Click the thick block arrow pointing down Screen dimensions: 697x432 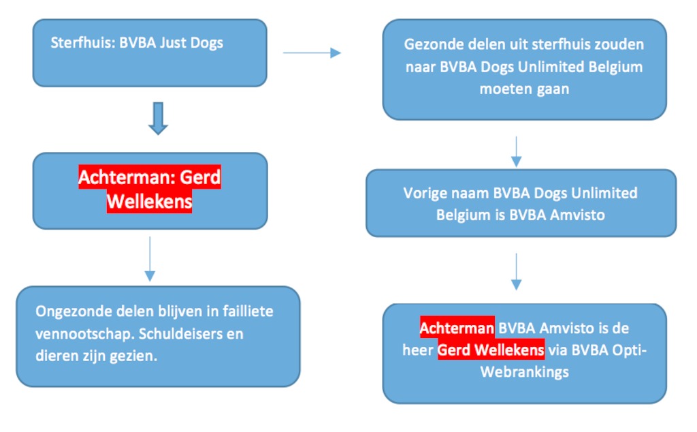click(x=158, y=119)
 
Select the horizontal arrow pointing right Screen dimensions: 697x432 click(x=312, y=53)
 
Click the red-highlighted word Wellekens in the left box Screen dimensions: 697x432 click(x=149, y=202)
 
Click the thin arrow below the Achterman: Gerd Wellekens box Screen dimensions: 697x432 click(x=150, y=259)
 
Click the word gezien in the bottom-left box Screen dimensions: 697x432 click(x=138, y=356)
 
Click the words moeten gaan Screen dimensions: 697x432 click(x=525, y=89)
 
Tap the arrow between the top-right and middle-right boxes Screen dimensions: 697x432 click(x=516, y=152)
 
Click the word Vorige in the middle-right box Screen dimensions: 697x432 click(x=424, y=193)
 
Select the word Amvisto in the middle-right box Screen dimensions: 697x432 click(x=577, y=215)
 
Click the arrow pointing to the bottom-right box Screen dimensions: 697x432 click(x=516, y=272)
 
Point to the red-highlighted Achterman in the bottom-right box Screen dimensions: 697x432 click(x=457, y=328)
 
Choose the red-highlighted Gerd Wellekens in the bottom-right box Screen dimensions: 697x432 click(x=491, y=350)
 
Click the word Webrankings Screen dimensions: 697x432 click(x=525, y=372)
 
